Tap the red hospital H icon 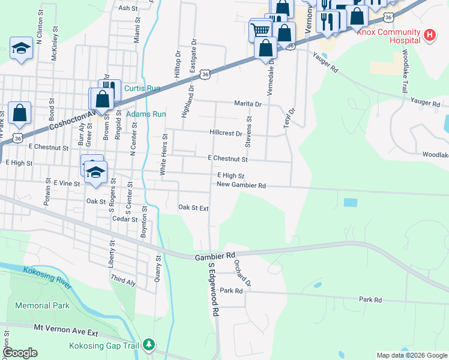430,35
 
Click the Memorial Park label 43,305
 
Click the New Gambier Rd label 241,185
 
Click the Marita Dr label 249,104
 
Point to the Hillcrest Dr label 226,133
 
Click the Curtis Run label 142,88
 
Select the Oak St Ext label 193,208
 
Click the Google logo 20,353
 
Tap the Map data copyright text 412,355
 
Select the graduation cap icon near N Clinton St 21,48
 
